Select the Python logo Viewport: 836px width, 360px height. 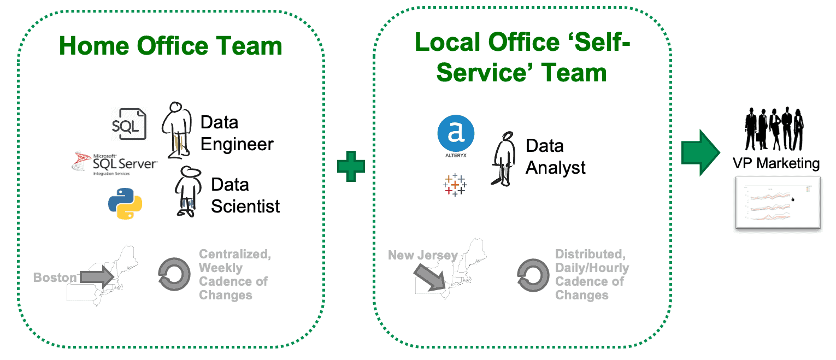coord(125,203)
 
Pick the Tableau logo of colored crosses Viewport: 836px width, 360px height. coord(455,185)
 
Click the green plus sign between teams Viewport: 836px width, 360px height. coord(351,166)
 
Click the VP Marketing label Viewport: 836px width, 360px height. coord(776,163)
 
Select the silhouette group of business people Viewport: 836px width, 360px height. coord(774,128)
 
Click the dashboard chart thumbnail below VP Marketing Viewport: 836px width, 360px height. coord(778,203)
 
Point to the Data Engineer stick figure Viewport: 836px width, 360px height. coord(178,130)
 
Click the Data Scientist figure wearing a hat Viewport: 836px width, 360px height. coord(187,191)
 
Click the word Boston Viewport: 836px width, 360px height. coord(55,278)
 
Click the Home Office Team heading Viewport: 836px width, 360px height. coord(170,46)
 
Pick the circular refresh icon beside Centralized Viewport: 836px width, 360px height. coord(174,274)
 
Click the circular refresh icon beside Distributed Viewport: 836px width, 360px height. coord(533,275)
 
